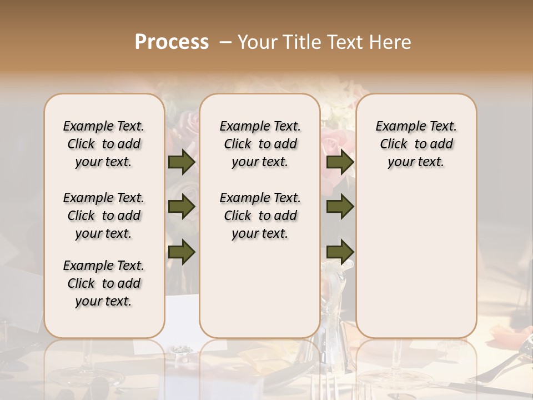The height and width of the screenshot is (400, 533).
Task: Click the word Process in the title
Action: click(172, 42)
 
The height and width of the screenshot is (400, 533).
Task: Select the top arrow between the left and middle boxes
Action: click(182, 162)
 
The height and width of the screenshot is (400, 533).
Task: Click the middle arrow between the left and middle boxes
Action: click(182, 207)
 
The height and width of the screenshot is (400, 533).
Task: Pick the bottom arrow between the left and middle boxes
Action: click(182, 252)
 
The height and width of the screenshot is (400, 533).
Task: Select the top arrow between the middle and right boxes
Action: click(340, 162)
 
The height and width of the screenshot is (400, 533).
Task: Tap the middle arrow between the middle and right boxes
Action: click(340, 207)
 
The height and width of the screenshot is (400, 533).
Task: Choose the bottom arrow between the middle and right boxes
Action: click(340, 252)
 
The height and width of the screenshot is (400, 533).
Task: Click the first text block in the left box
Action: click(104, 144)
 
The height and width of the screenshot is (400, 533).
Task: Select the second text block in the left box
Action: click(104, 216)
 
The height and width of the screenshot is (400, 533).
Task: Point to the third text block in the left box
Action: click(104, 283)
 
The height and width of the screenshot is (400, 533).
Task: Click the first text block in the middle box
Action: click(260, 144)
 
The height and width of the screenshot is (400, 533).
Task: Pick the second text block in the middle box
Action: click(260, 216)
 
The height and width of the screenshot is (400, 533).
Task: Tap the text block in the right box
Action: click(416, 144)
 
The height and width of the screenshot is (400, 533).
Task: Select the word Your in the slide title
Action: click(253, 42)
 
